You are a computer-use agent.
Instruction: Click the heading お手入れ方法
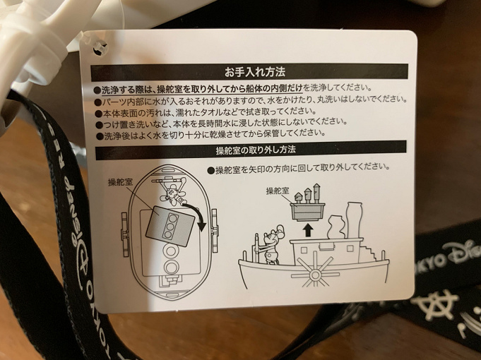point(255,72)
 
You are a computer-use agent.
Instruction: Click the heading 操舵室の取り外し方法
point(256,150)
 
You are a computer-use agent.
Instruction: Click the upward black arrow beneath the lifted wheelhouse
point(308,229)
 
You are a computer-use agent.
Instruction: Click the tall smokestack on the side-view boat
point(354,220)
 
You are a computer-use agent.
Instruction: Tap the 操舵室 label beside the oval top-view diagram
point(120,182)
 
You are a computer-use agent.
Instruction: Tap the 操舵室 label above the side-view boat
point(278,191)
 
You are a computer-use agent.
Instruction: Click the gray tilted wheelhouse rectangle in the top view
point(170,227)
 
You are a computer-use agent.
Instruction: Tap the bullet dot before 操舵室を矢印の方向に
point(210,171)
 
